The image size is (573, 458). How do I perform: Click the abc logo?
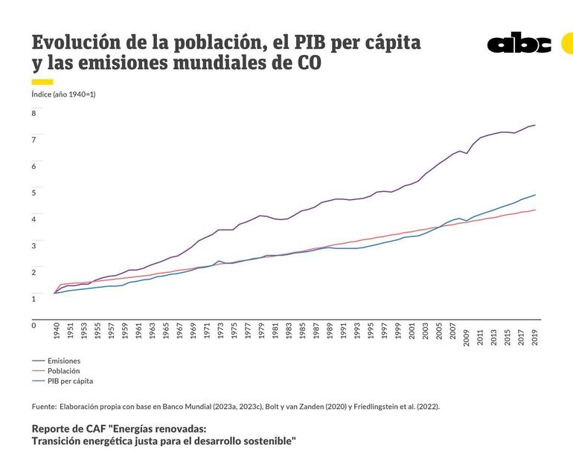[519, 43]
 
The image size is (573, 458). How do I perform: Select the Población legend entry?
[63, 370]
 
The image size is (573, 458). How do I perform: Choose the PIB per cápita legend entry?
[70, 381]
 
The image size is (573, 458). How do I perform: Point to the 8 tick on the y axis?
[33, 113]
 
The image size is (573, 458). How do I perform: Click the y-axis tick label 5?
[33, 193]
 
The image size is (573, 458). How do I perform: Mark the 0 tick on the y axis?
[33, 325]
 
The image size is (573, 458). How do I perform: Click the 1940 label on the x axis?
[57, 332]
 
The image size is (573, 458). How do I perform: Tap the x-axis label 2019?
[535, 332]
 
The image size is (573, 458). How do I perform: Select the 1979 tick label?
[261, 332]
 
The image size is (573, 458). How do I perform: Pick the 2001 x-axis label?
[412, 332]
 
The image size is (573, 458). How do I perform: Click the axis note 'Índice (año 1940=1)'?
[63, 94]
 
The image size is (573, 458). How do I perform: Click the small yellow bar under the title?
[42, 81]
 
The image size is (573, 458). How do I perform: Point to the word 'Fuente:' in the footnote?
[44, 407]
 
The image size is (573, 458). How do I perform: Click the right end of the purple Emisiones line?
[535, 125]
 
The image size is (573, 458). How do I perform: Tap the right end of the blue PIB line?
[535, 195]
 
